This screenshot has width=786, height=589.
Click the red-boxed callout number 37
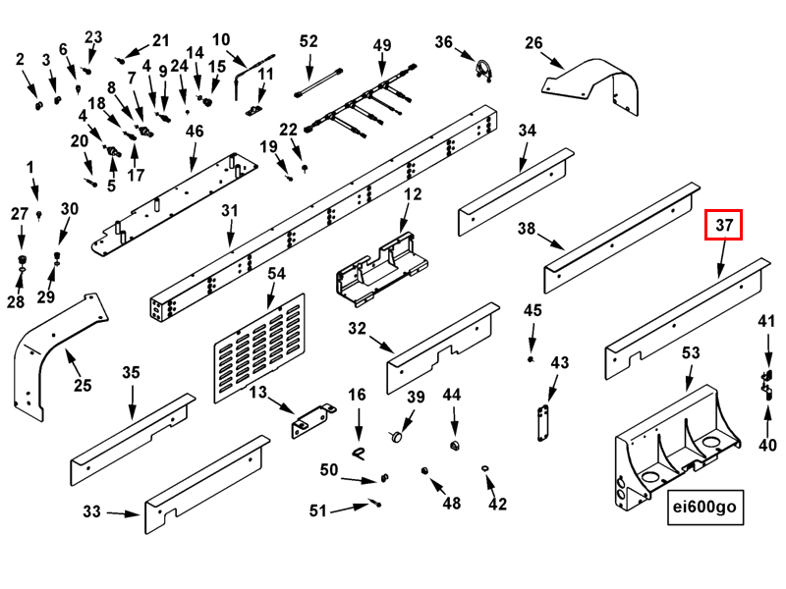click(724, 226)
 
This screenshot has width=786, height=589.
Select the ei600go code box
click(702, 509)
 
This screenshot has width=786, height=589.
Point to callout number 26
click(533, 43)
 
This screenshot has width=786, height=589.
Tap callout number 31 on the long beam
click(230, 211)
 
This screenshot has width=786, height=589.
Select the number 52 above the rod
click(309, 41)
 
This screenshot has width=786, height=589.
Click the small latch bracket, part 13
click(312, 421)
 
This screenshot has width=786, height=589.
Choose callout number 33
click(91, 511)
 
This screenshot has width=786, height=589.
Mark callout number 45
click(533, 311)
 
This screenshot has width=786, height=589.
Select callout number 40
click(767, 445)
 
